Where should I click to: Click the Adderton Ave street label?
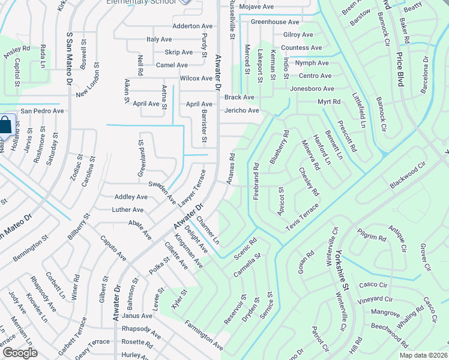point(192,26)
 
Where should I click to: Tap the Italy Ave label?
point(159,39)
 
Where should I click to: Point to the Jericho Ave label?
point(242,110)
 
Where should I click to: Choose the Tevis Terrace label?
point(302,212)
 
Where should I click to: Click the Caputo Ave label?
point(113,248)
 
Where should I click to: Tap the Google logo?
point(20,353)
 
